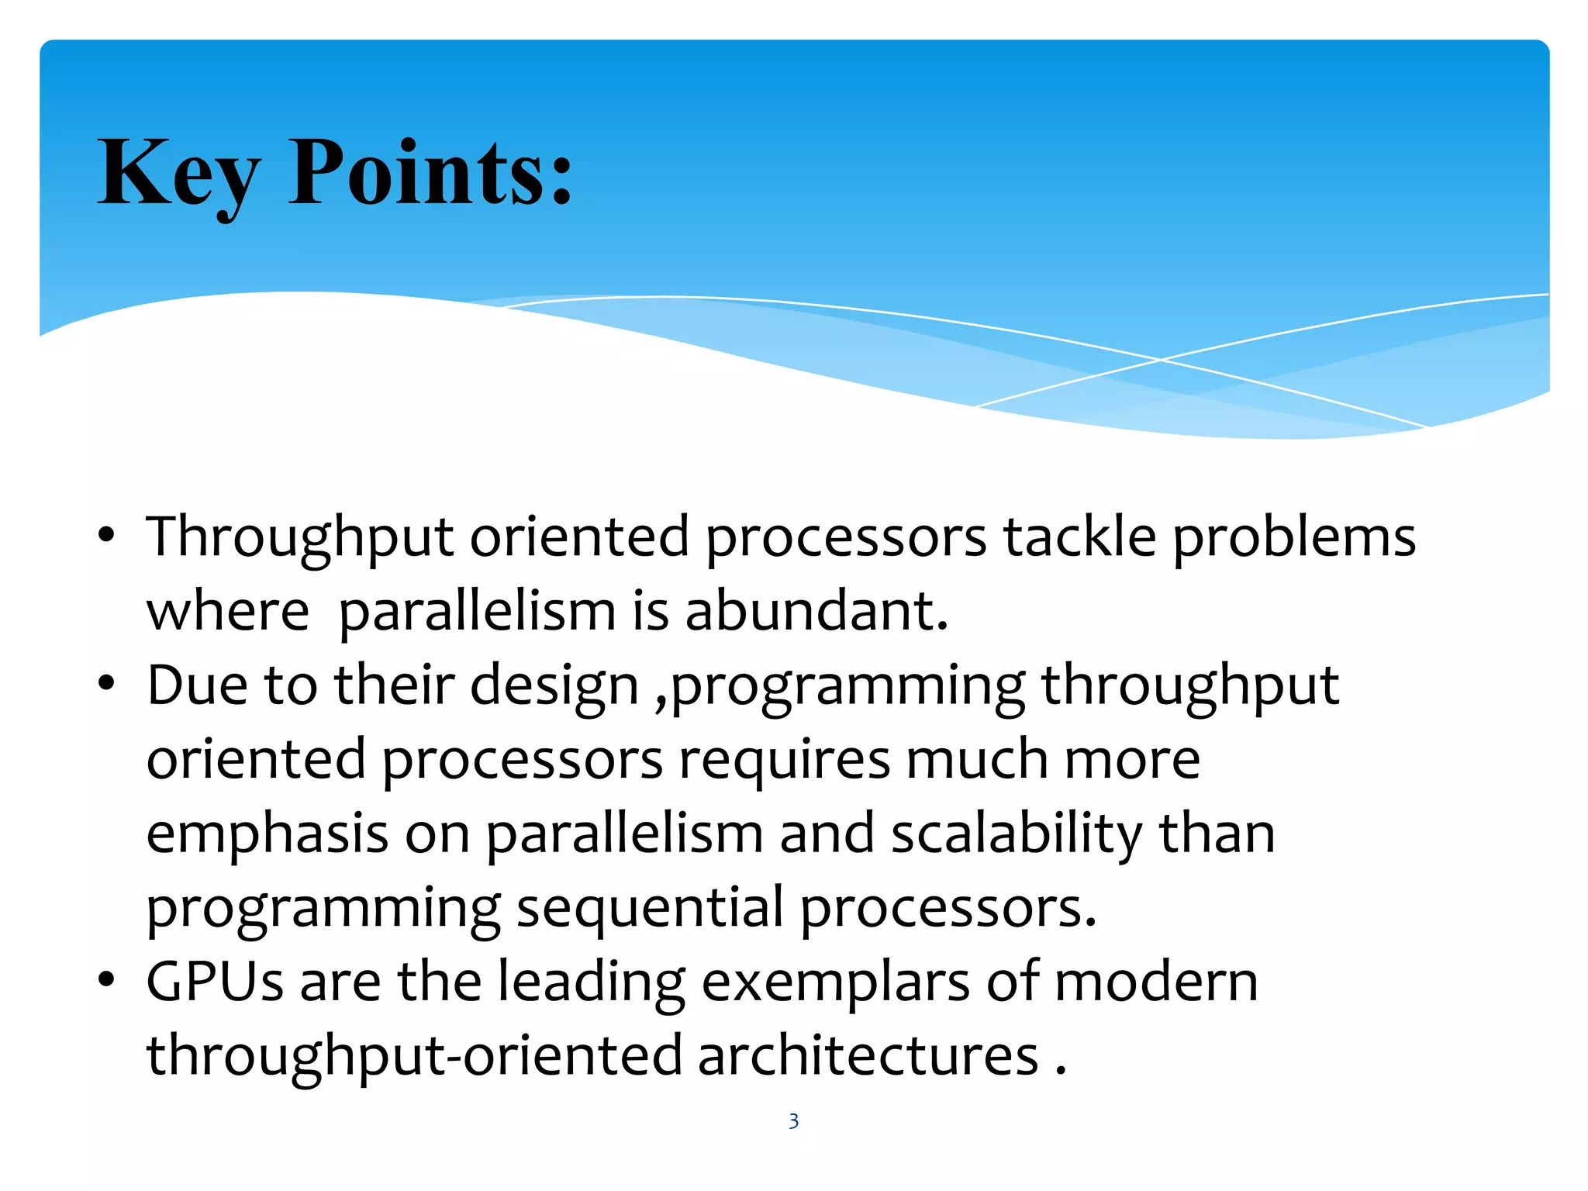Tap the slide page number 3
point(793,1121)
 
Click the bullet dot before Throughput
point(107,535)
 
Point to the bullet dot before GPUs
point(107,980)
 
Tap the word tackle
point(1079,537)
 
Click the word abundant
point(816,611)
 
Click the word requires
point(784,760)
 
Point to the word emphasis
point(267,834)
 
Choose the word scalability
point(1017,834)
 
